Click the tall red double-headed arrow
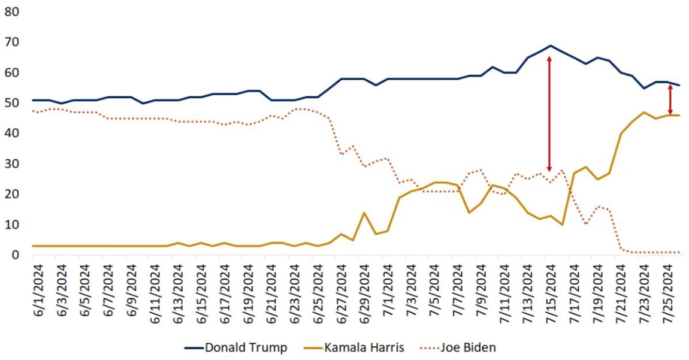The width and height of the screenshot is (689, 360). click(x=549, y=114)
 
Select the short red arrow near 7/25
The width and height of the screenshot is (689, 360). click(x=670, y=99)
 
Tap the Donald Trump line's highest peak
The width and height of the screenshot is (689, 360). click(x=551, y=46)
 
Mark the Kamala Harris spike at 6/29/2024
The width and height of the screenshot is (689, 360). click(x=363, y=213)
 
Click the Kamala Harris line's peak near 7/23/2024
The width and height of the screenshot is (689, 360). click(x=644, y=112)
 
